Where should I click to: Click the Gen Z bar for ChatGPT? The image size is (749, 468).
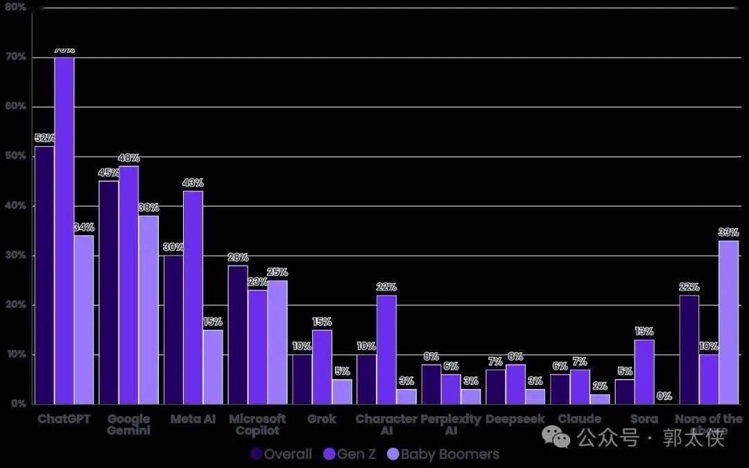(64, 229)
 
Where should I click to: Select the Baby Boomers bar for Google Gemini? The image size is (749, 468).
(148, 309)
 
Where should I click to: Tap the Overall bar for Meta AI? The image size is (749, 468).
(173, 329)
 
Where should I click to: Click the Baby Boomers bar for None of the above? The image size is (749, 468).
(728, 322)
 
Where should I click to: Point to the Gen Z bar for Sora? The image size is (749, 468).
(644, 372)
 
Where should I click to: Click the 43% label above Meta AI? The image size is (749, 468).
(193, 183)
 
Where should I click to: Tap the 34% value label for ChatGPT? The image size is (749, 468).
(84, 227)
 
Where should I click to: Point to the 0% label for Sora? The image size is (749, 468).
(664, 396)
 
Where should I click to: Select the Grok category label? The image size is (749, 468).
(322, 419)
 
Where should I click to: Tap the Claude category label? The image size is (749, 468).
(579, 419)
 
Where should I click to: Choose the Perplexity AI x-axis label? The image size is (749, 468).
(451, 424)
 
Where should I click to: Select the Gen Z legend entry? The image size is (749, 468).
(350, 454)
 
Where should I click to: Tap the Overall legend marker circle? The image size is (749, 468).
(257, 454)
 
